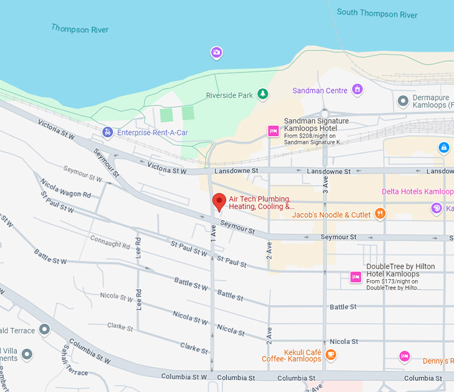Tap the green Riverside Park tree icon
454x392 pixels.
click(264, 94)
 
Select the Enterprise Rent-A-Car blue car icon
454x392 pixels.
click(108, 132)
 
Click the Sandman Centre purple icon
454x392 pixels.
click(357, 90)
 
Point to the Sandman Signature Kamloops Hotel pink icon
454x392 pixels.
click(273, 130)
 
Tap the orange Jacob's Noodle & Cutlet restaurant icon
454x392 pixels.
click(380, 214)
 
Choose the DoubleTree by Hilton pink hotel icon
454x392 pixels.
click(355, 277)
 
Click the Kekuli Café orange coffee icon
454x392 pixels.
click(331, 355)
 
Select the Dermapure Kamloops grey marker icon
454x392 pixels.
click(403, 100)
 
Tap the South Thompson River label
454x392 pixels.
click(377, 13)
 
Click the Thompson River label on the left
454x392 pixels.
click(79, 29)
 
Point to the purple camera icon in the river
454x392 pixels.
click(216, 53)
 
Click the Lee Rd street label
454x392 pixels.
click(139, 247)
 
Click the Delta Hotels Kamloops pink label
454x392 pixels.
click(417, 191)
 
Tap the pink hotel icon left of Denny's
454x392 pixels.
click(405, 356)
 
